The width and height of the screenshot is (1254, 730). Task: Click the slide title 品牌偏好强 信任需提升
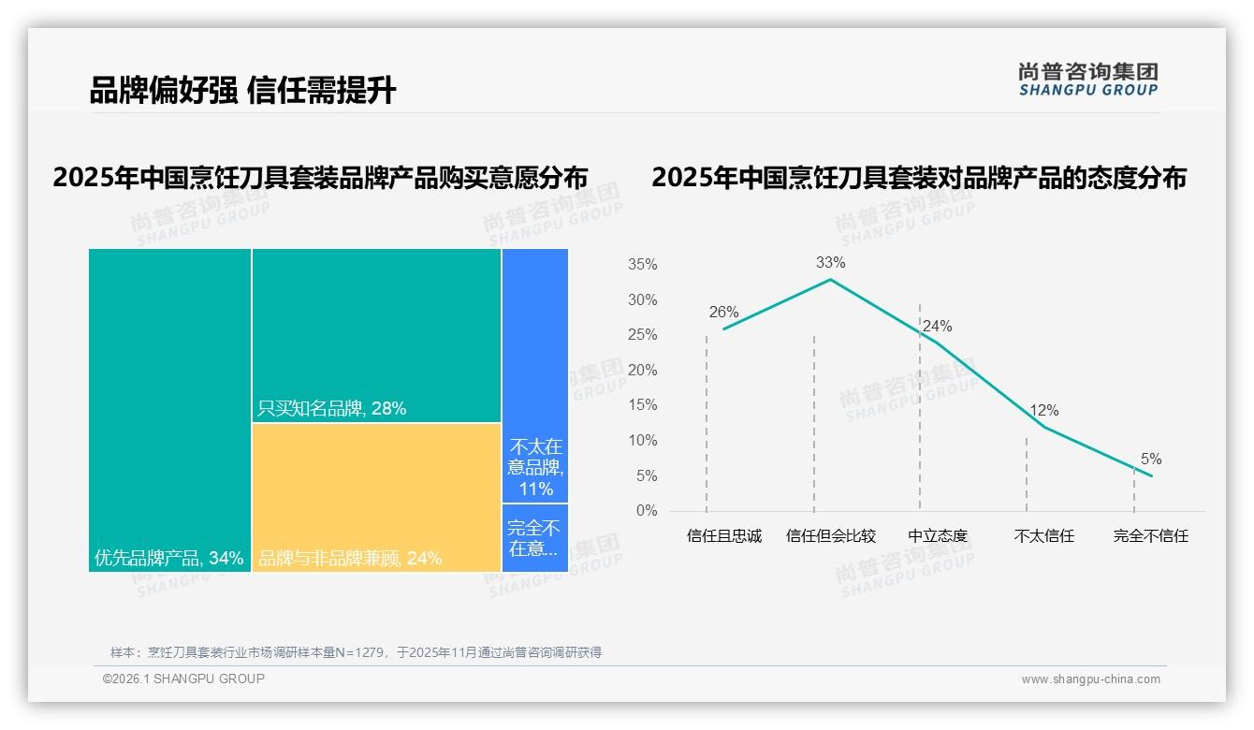242,91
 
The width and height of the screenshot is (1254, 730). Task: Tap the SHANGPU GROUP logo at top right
1087,80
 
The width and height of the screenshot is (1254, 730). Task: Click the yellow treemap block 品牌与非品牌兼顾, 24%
376,496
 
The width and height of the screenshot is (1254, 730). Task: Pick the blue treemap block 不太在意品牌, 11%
535,374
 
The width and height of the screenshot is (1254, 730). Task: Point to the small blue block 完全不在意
535,537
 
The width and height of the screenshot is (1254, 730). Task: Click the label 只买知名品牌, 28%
332,408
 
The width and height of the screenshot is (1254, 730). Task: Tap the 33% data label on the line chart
830,263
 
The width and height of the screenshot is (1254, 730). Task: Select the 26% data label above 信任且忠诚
723,313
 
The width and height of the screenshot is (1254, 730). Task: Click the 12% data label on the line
1043,411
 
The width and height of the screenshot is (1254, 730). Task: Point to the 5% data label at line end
1151,460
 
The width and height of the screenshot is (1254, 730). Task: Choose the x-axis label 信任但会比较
831,536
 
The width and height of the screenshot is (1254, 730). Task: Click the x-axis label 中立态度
938,536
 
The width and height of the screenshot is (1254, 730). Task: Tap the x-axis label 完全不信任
1151,536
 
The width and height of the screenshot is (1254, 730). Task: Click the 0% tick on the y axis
646,511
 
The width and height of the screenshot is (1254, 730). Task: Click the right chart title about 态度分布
919,178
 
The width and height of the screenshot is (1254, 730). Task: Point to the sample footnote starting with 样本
356,652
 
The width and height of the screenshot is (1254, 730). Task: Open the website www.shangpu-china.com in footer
1090,679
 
